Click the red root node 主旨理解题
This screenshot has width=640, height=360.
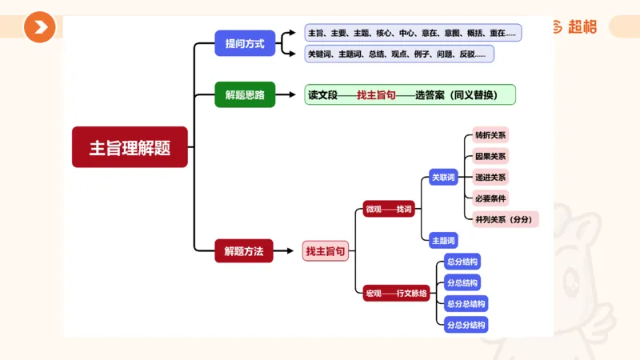point(130,147)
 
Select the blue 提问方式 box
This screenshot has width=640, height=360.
point(245,42)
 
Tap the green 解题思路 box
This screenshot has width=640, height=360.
point(245,94)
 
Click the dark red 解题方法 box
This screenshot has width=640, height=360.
point(243,251)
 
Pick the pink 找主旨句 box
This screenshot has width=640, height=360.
point(326,251)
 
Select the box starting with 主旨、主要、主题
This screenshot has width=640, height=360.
point(413,33)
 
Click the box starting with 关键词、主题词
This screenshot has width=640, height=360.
point(399,54)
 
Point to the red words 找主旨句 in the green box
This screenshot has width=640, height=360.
point(376,94)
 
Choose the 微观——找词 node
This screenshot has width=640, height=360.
point(388,209)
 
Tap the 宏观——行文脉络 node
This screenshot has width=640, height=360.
point(397,293)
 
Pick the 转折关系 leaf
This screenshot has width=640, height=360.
point(490,134)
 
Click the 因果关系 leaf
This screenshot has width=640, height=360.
point(490,156)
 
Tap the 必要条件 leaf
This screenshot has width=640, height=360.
point(490,198)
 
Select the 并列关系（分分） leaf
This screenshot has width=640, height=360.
point(505,219)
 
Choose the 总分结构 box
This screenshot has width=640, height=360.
point(462,262)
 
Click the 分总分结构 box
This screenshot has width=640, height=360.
point(466,324)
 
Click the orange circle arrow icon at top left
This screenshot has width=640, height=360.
point(39,28)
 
